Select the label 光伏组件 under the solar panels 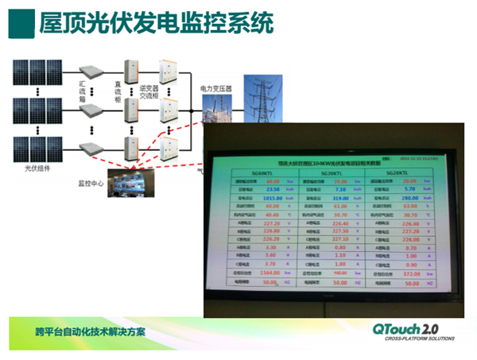click(x=37, y=167)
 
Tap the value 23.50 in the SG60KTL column click(x=271, y=189)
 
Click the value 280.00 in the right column click(x=409, y=198)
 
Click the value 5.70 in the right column click(x=409, y=189)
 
